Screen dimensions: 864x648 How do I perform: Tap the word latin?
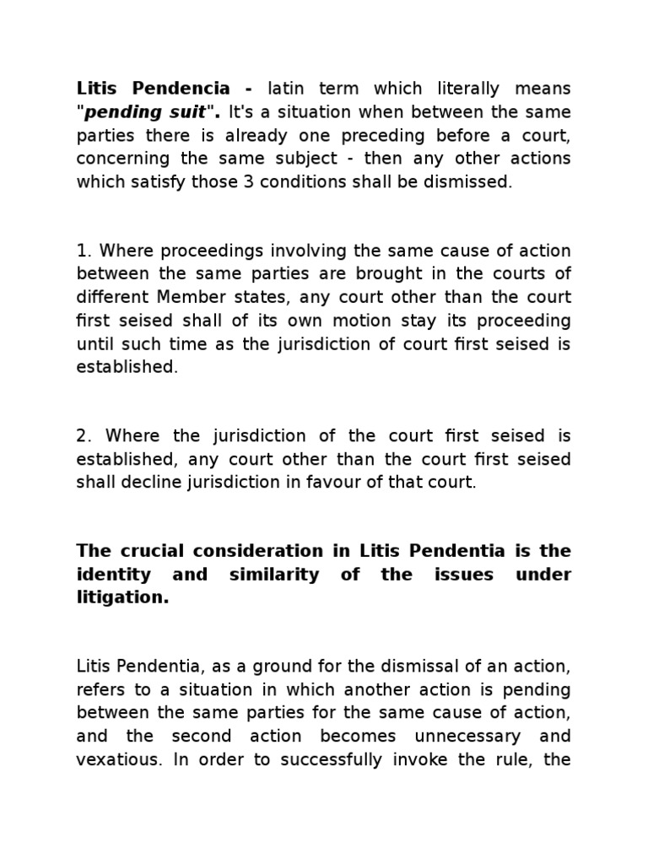tap(290, 89)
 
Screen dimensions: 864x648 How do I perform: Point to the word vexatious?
tap(119, 759)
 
